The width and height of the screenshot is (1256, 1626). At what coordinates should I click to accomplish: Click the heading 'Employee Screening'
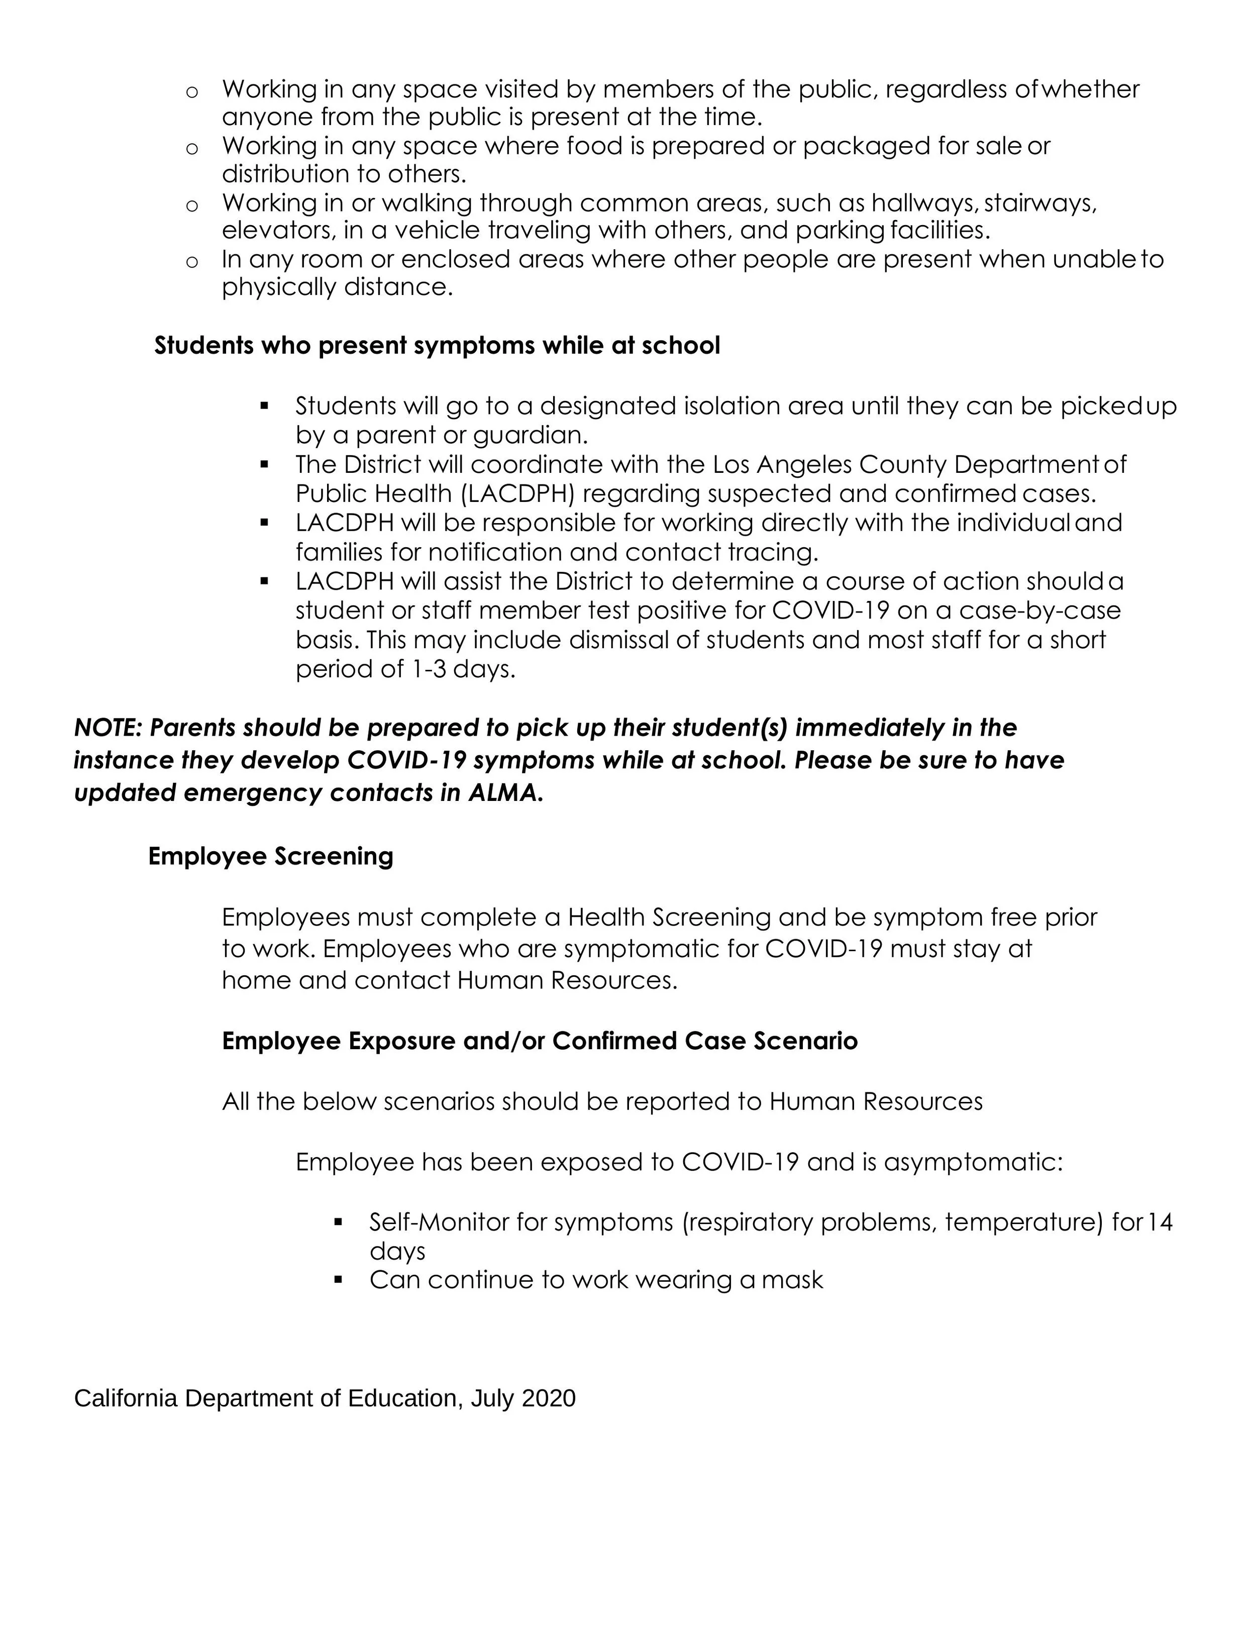270,856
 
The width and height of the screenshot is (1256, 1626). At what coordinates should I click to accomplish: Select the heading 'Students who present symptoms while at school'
437,346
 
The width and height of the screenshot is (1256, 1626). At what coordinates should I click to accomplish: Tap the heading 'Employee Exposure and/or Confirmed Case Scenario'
540,1040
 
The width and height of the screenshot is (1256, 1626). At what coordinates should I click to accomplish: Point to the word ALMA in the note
504,793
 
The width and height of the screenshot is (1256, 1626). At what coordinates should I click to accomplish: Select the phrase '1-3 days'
462,669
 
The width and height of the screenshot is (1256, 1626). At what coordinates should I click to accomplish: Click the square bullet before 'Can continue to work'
339,1280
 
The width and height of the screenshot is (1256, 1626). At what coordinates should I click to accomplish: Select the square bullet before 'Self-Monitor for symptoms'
339,1222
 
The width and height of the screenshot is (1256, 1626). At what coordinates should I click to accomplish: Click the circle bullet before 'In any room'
192,261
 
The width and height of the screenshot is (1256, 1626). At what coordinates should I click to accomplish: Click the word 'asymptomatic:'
973,1161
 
